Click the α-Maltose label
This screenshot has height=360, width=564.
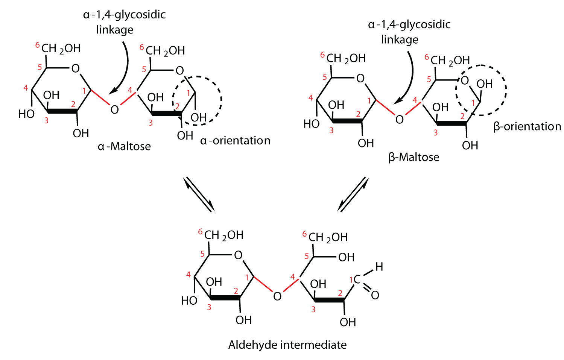click(124, 146)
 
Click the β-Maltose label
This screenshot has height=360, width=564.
click(413, 156)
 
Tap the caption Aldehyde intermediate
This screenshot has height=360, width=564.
click(287, 345)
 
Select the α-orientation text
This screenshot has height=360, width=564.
click(235, 141)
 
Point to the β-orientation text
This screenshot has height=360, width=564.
click(527, 126)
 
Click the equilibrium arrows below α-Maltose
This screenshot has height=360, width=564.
click(199, 194)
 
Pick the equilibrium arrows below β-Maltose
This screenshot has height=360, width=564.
click(353, 194)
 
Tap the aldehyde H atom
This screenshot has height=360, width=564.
click(379, 267)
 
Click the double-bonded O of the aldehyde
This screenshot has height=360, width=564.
click(375, 295)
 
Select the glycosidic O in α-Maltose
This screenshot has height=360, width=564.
click(115, 109)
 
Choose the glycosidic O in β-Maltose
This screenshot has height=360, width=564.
click(400, 120)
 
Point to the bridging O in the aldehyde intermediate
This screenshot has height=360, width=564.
click(277, 296)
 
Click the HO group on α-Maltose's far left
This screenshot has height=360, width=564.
click(26, 114)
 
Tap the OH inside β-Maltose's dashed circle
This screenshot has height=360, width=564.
click(484, 84)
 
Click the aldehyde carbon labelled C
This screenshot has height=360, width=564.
click(357, 279)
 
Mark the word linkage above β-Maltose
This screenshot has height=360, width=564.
click(400, 39)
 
